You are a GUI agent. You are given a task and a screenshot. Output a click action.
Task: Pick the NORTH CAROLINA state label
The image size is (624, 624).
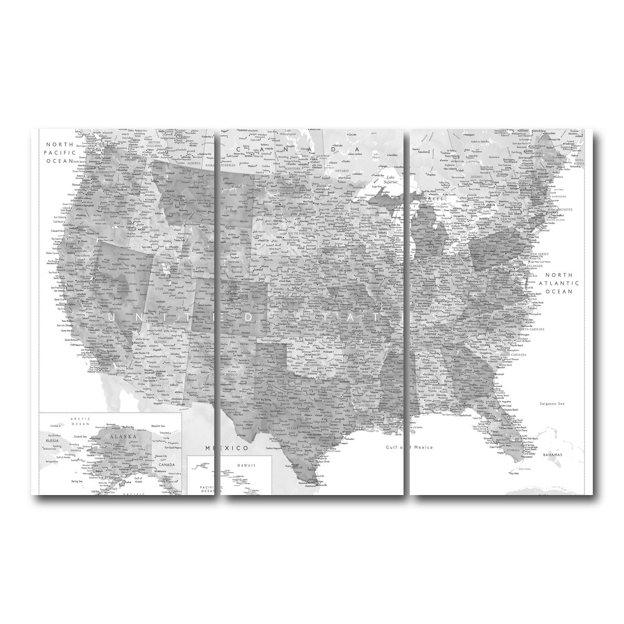(x=529, y=330)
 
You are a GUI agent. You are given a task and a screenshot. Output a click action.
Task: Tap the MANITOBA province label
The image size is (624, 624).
(x=294, y=154)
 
